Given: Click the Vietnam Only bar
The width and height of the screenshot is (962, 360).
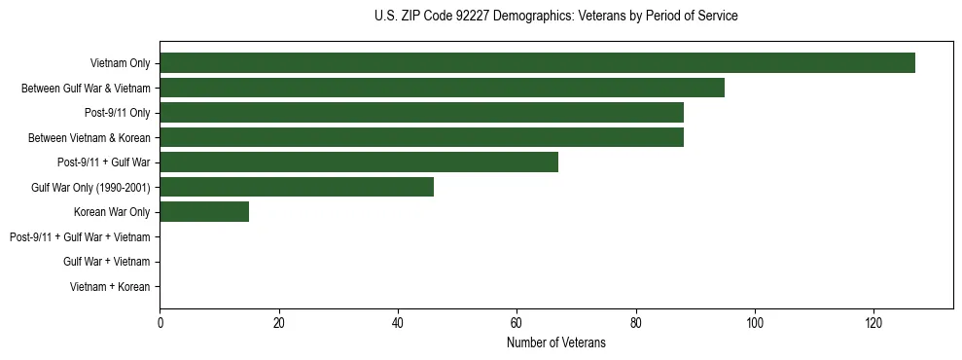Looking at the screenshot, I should (x=537, y=63).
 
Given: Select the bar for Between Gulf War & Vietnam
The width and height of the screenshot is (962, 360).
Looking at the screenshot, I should (x=442, y=89).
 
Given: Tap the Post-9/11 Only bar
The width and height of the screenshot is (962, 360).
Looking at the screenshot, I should (x=421, y=113).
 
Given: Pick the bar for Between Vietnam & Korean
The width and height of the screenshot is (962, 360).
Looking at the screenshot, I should (x=421, y=137).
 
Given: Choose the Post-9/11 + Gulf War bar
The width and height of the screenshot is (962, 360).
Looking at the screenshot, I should (x=359, y=162).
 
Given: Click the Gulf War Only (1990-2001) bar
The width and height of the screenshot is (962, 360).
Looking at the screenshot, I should (x=297, y=187).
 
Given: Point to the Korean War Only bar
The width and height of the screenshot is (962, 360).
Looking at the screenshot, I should (x=204, y=212).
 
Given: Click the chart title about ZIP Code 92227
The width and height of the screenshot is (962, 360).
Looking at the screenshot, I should (x=555, y=17).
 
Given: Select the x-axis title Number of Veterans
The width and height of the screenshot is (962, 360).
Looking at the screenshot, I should (x=555, y=343).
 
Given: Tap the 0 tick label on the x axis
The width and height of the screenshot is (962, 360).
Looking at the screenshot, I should (x=160, y=323).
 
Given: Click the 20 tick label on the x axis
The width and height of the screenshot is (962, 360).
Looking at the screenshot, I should (x=278, y=323).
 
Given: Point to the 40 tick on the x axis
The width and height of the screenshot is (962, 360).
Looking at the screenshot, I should (x=398, y=323).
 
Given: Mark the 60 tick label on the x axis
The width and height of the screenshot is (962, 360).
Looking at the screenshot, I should (x=517, y=323).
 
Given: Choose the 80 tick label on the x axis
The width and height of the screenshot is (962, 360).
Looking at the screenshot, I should (x=635, y=323).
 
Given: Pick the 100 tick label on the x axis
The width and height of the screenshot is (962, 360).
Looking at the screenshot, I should (x=755, y=323).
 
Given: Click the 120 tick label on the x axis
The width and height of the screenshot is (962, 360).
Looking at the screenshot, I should (x=873, y=323).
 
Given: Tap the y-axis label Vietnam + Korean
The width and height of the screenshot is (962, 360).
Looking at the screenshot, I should (x=110, y=286).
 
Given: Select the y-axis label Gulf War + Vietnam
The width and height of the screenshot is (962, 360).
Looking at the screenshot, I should (x=106, y=262).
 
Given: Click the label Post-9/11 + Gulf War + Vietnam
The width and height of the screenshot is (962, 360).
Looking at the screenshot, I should (x=80, y=236).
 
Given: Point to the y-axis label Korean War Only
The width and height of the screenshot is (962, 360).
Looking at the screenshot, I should (x=112, y=212).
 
